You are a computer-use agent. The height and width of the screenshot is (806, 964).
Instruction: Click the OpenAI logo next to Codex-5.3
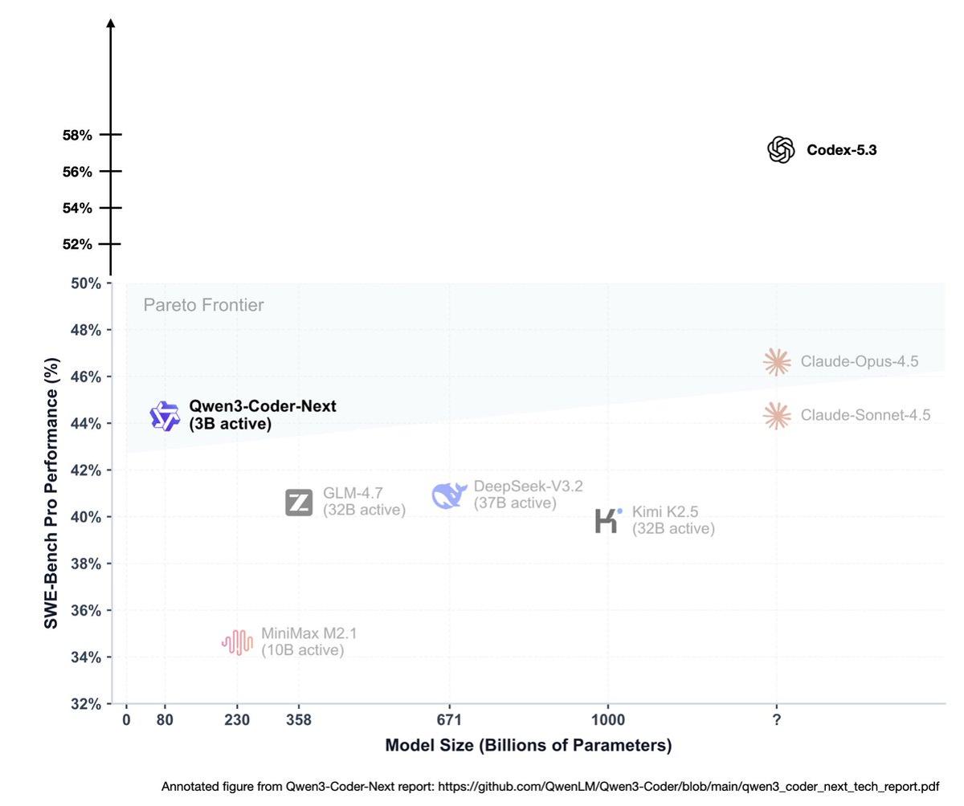pos(780,150)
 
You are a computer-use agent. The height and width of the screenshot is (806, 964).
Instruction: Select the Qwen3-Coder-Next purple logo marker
pos(165,416)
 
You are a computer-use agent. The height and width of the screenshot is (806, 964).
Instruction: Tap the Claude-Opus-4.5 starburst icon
pos(777,362)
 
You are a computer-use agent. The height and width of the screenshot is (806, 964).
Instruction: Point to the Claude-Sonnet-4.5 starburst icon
pos(777,416)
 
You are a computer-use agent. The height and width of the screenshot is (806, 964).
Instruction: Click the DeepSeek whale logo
pos(449,495)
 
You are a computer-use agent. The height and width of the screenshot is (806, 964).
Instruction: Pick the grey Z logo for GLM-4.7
pos(299,503)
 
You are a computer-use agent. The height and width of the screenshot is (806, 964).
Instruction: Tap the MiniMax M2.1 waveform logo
pos(237,642)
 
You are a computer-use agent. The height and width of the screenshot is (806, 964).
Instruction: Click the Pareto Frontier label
pos(203,305)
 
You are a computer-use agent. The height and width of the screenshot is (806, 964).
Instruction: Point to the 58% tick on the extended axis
pos(78,135)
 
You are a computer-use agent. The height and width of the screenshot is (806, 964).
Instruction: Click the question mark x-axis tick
pos(777,720)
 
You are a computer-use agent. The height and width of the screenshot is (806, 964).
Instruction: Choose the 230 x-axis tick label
pos(237,720)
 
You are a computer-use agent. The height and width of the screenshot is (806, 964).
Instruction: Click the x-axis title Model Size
pos(528,746)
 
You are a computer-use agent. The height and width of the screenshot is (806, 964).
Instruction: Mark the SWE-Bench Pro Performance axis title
pos(51,493)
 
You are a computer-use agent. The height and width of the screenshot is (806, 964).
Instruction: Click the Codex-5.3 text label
pos(841,150)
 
